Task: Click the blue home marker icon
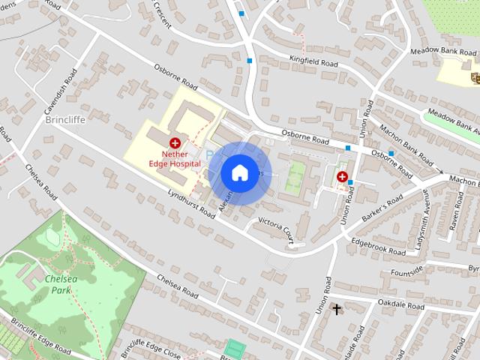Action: pos(238,172)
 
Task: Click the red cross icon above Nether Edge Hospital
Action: pos(175,142)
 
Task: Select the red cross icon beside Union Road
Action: pos(342,177)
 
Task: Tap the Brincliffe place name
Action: pos(66,119)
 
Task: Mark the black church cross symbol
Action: pos(336,308)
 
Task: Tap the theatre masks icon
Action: pos(474,76)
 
